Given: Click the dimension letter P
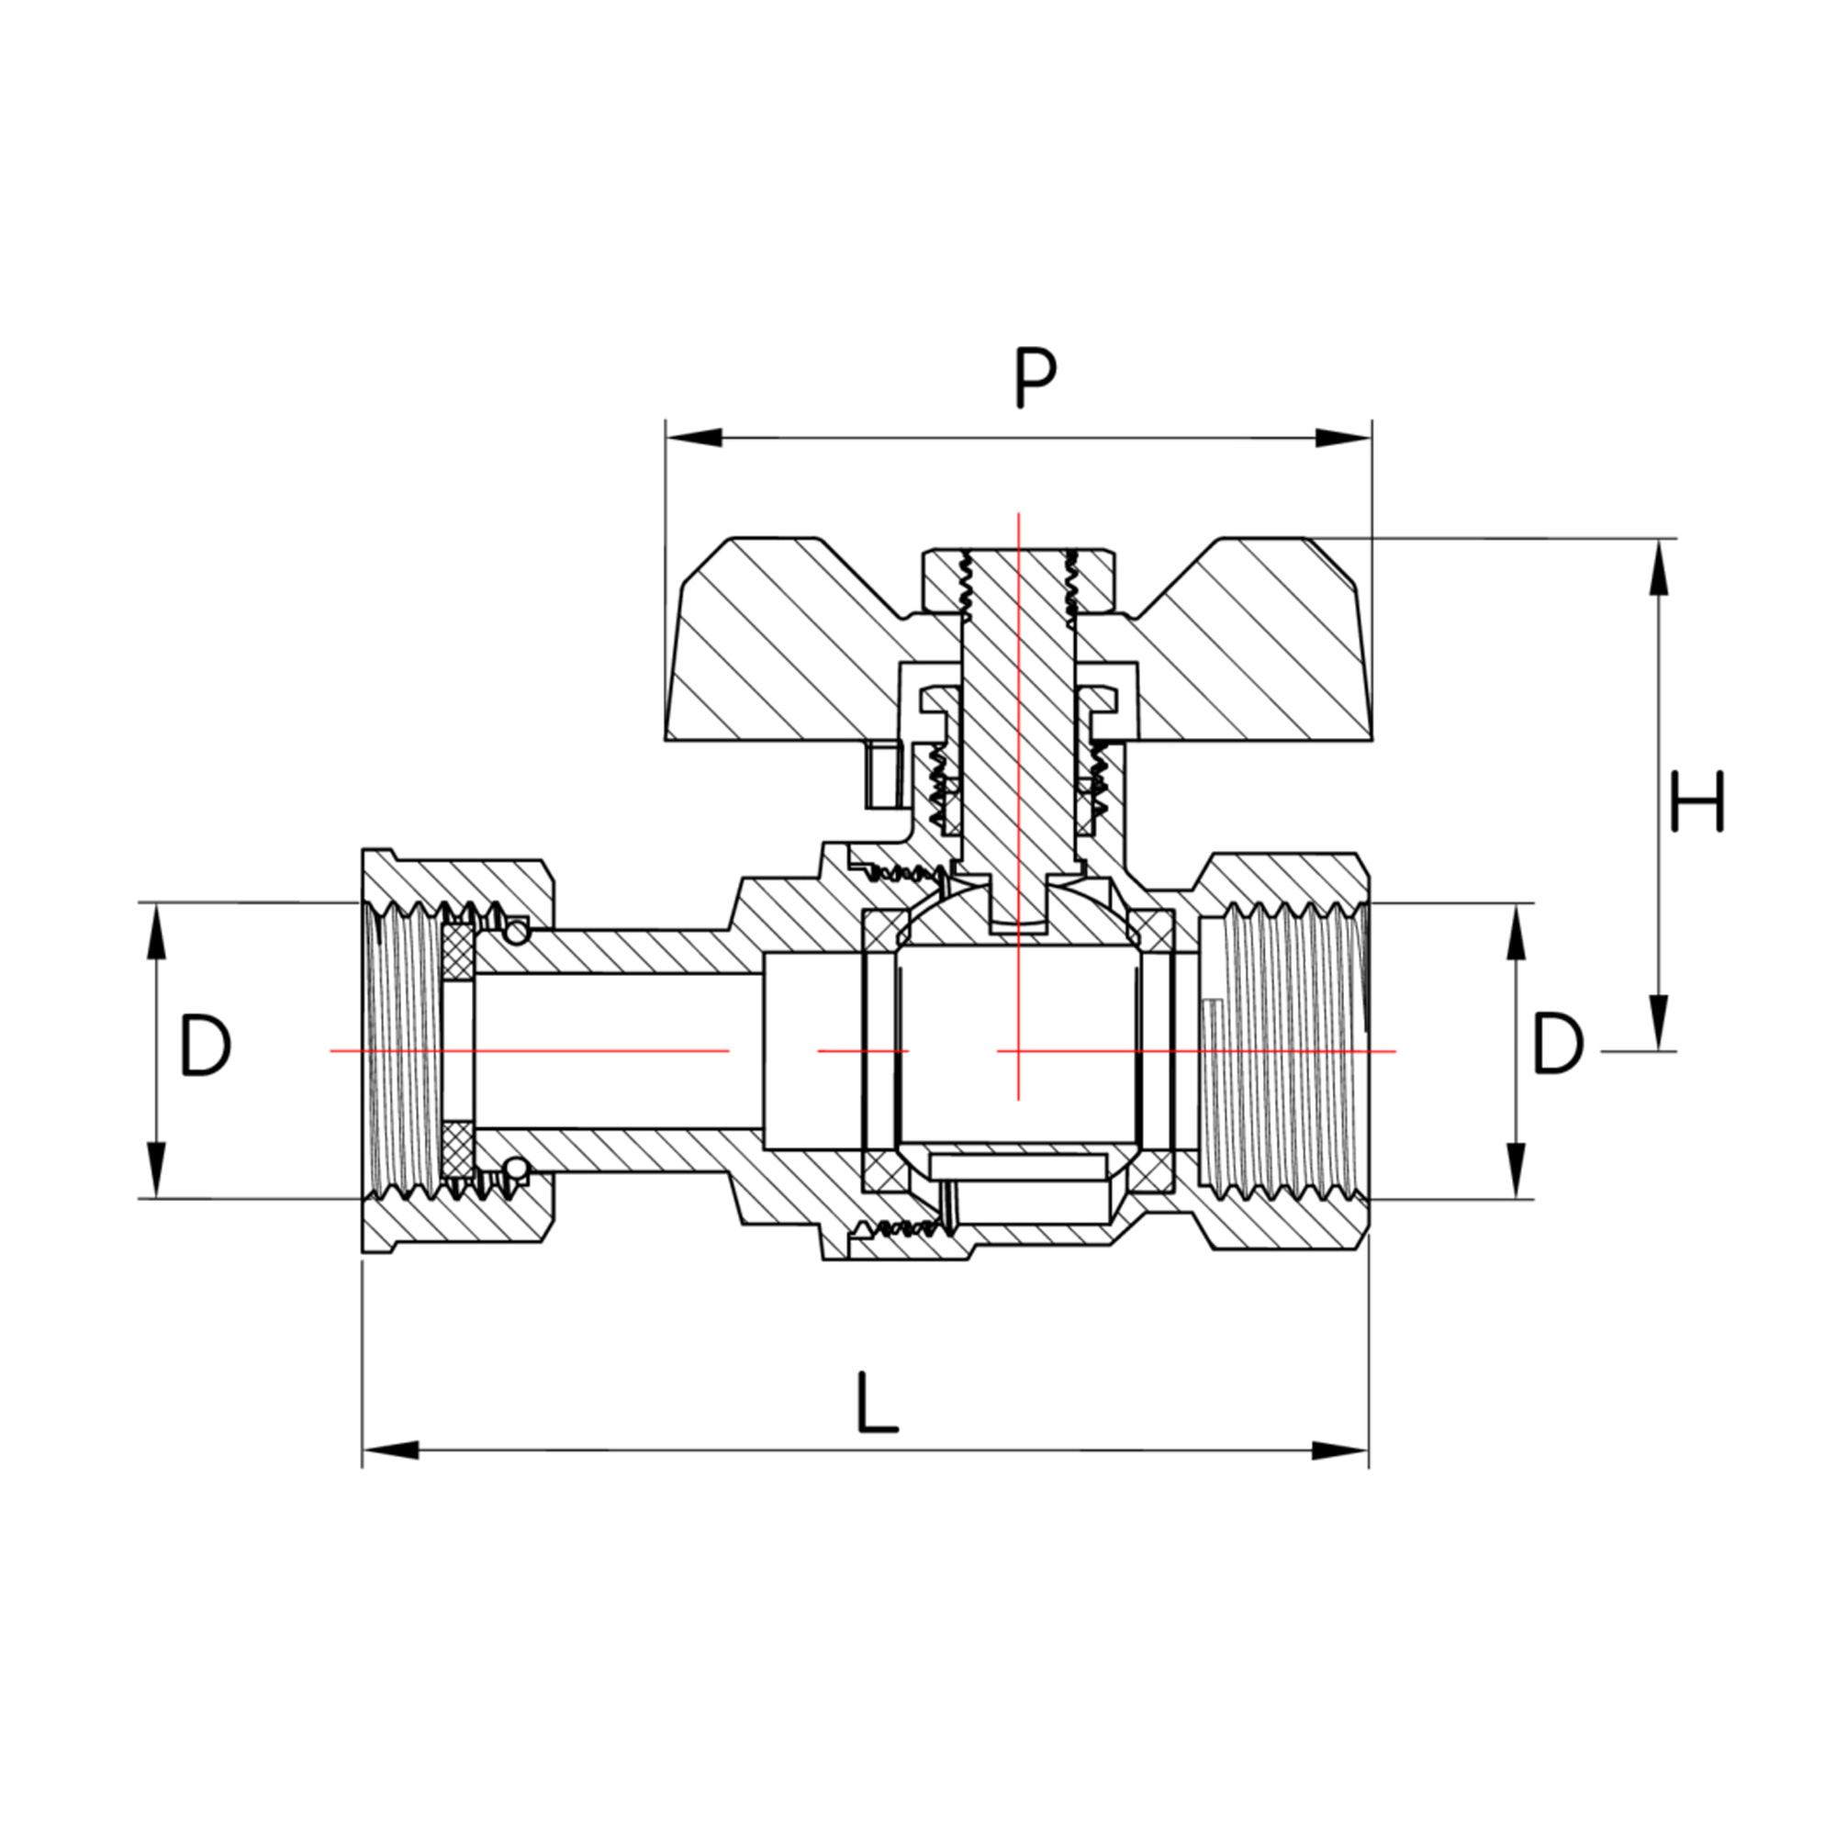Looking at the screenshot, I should coord(1035,377).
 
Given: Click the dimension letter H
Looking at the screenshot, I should coord(1696,801).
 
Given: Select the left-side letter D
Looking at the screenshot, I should coord(205,1046).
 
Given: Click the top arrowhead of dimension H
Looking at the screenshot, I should coord(1658,567).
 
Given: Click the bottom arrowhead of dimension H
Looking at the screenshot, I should coord(1658,1022).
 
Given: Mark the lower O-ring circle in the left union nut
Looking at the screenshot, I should coord(516,1168).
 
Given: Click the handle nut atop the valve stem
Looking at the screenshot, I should coord(1018,579).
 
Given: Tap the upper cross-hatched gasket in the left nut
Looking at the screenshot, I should coord(458,951).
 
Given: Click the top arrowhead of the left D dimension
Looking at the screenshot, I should coord(155,931).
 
